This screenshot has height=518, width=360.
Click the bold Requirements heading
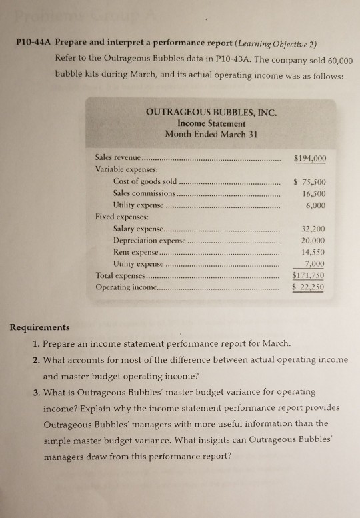click(x=40, y=328)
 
